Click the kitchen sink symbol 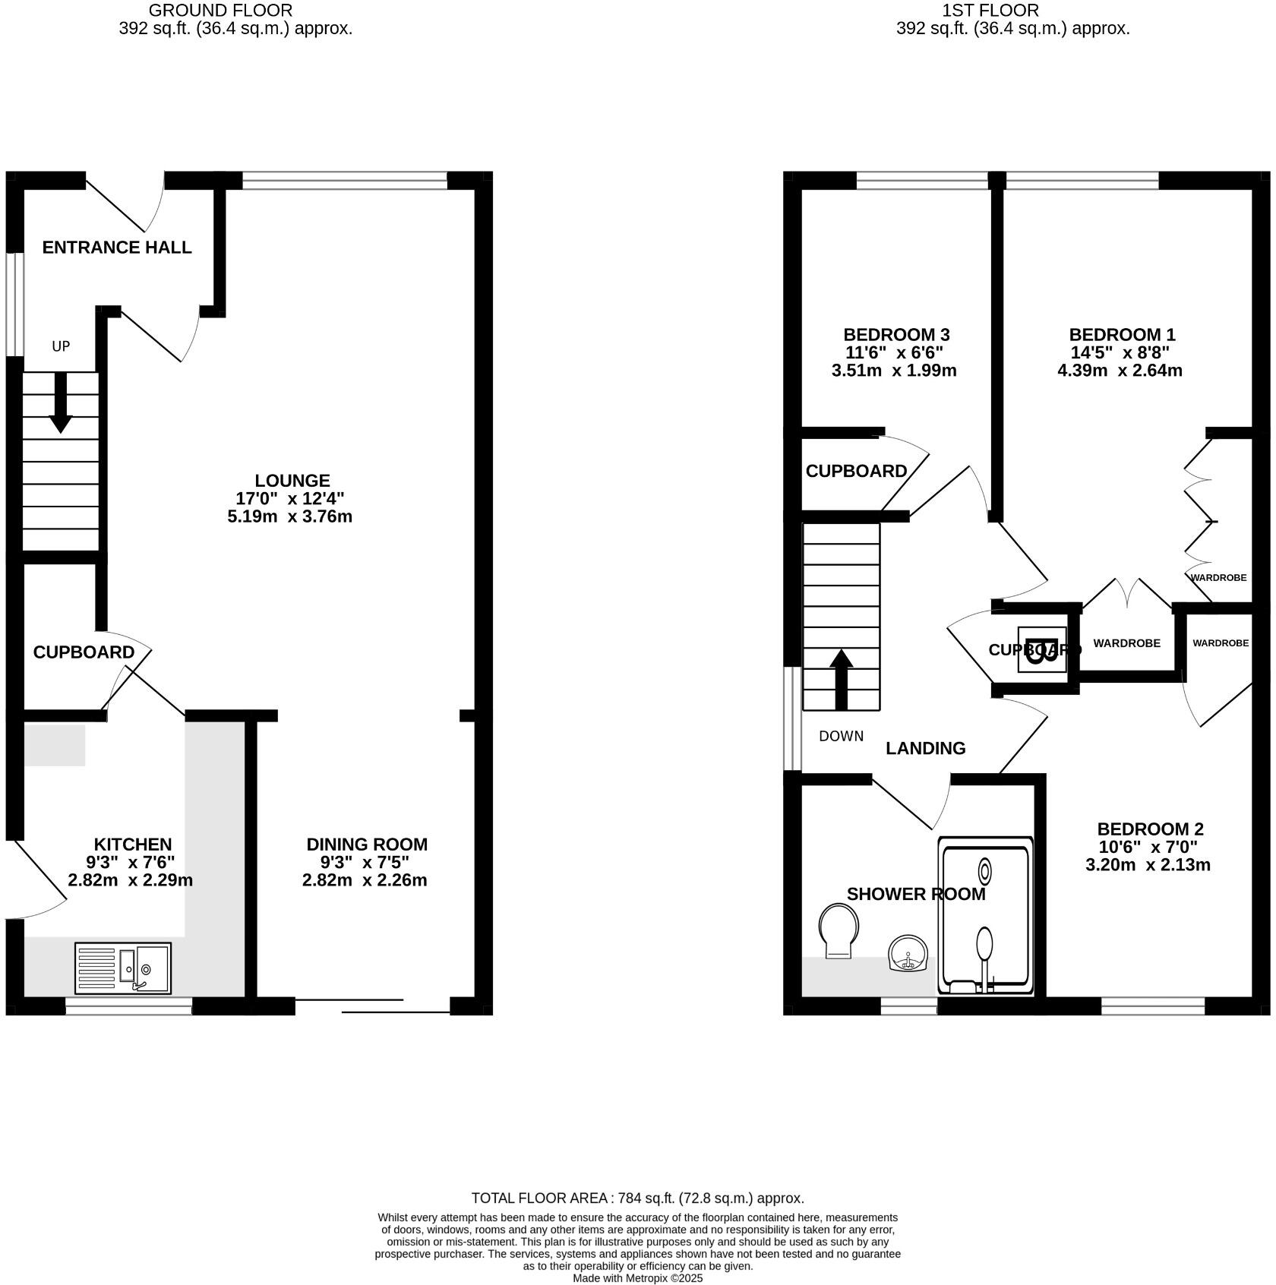pyautogui.click(x=123, y=968)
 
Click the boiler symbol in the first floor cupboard pyautogui.click(x=1041, y=649)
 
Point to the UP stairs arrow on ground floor pyautogui.click(x=60, y=403)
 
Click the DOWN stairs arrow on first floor pyautogui.click(x=841, y=679)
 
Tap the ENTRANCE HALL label pyautogui.click(x=116, y=248)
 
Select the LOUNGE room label pyautogui.click(x=292, y=481)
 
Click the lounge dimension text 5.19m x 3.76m pyautogui.click(x=289, y=517)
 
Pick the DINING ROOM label pyautogui.click(x=367, y=845)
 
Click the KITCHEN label pyautogui.click(x=132, y=845)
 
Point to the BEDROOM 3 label pyautogui.click(x=896, y=335)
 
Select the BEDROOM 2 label pyautogui.click(x=1150, y=829)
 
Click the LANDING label pyautogui.click(x=925, y=749)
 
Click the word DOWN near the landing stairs pyautogui.click(x=841, y=736)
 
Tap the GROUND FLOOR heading pyautogui.click(x=220, y=11)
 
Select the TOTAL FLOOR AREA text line pyautogui.click(x=637, y=1198)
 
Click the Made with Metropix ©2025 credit pyautogui.click(x=637, y=1278)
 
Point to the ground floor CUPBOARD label pyautogui.click(x=84, y=652)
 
